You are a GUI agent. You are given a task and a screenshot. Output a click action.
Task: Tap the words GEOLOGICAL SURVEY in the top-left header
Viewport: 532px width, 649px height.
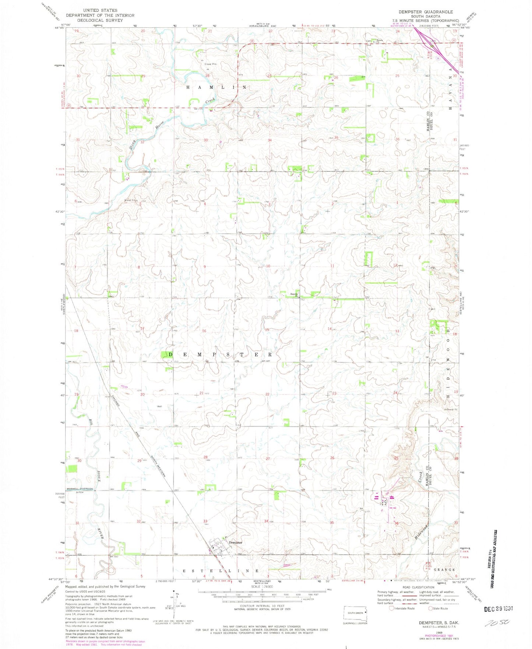(100, 20)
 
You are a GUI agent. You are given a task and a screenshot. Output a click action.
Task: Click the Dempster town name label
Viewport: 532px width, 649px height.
(236, 543)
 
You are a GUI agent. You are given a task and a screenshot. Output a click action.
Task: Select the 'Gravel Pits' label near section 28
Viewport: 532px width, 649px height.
(211, 64)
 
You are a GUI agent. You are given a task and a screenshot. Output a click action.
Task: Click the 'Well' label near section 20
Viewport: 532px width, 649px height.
(159, 407)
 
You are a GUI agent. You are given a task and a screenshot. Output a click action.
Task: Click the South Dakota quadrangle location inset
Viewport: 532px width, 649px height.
(356, 613)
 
